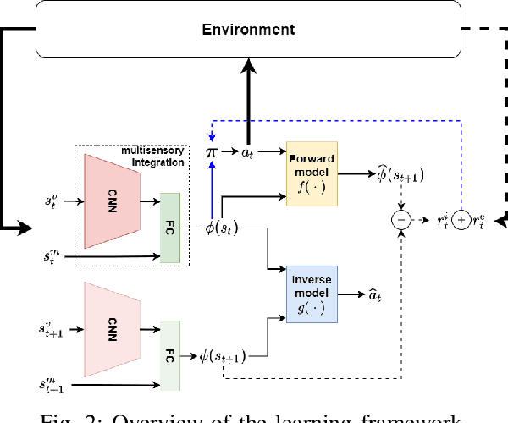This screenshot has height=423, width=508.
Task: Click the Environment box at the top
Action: coord(248,30)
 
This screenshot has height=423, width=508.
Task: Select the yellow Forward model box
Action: coord(312,172)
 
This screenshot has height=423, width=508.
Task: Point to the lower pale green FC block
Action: coord(171,355)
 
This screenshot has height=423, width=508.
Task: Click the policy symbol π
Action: coord(212,152)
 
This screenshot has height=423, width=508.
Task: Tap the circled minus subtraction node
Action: coord(400,220)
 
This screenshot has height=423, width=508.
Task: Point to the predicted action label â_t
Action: coord(376,295)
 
